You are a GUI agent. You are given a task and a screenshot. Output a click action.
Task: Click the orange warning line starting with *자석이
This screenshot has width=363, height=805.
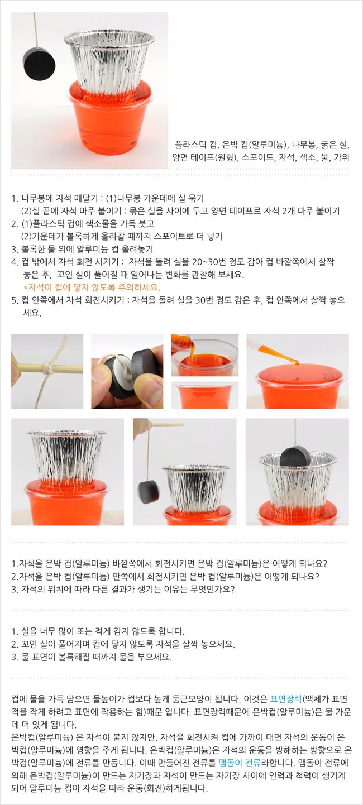(92, 287)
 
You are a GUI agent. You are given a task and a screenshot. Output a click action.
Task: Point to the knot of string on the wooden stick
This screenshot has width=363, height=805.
(47, 367)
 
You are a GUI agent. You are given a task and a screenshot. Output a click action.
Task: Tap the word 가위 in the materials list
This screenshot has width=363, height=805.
(341, 157)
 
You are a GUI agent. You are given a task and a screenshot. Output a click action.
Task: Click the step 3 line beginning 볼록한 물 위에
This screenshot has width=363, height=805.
(82, 249)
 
